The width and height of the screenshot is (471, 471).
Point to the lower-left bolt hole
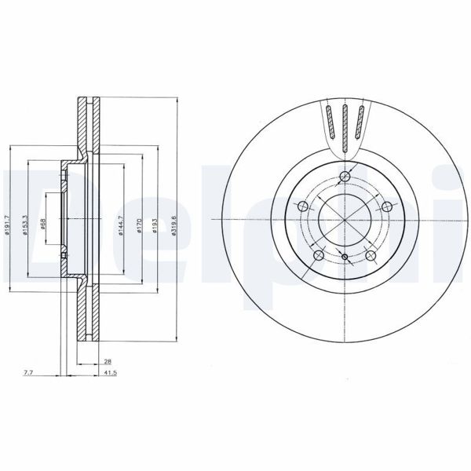pyautogui.click(x=318, y=256)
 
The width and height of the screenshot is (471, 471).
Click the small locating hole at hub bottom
pyautogui.click(x=345, y=257)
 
